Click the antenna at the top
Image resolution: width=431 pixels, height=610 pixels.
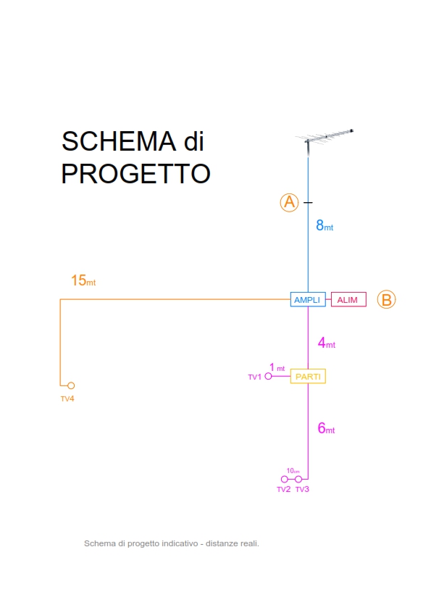pyautogui.click(x=324, y=139)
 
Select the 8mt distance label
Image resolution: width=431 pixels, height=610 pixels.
pyautogui.click(x=325, y=225)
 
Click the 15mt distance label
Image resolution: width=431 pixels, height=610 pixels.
pyautogui.click(x=83, y=280)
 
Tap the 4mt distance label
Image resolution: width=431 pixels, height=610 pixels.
pyautogui.click(x=327, y=343)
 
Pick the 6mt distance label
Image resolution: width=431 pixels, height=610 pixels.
pyautogui.click(x=326, y=428)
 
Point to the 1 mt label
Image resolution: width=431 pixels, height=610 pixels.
pyautogui.click(x=277, y=367)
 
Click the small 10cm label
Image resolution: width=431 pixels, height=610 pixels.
pyautogui.click(x=293, y=471)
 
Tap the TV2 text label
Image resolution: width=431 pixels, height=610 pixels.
pyautogui.click(x=283, y=489)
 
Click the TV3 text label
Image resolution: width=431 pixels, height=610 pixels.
pyautogui.click(x=302, y=489)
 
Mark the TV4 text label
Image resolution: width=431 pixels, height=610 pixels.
pyautogui.click(x=67, y=398)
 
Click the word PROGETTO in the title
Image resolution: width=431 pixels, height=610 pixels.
pyautogui.click(x=135, y=173)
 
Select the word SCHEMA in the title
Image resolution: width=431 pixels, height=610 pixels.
pyautogui.click(x=119, y=141)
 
